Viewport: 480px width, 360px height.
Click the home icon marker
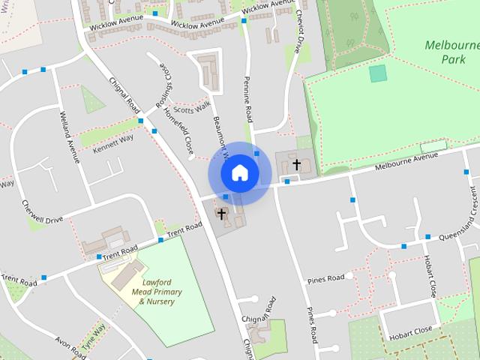[239, 172]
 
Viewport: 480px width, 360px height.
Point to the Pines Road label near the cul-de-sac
[325, 278]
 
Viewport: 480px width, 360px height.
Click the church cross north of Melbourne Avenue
[297, 163]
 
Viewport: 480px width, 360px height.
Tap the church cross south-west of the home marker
[221, 214]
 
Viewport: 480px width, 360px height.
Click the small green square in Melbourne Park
[378, 73]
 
